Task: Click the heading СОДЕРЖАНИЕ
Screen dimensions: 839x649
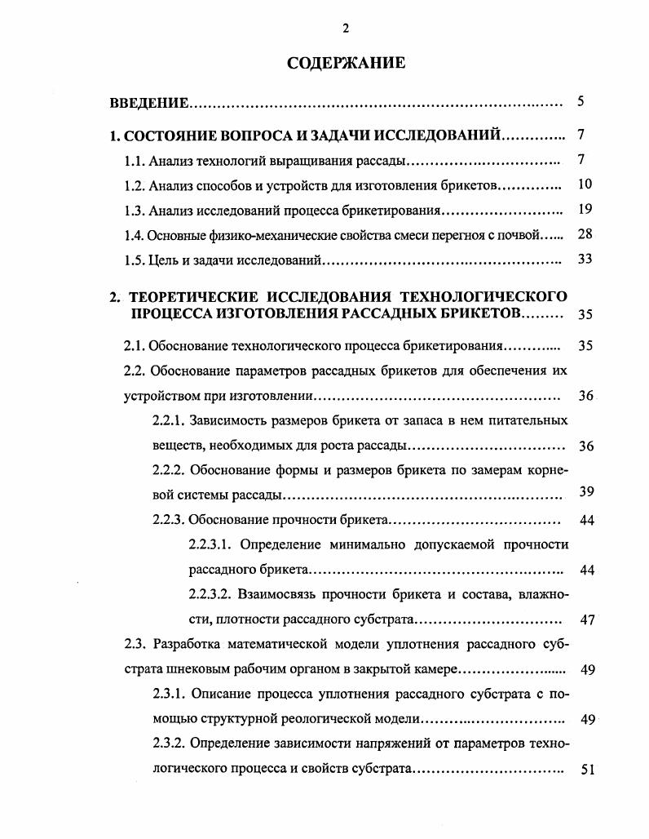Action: (x=346, y=63)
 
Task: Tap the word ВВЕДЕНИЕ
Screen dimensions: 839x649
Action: (x=149, y=104)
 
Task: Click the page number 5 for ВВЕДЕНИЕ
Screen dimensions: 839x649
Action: (x=581, y=102)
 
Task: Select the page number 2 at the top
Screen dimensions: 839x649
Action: (x=346, y=29)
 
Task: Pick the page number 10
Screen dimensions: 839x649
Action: (x=584, y=184)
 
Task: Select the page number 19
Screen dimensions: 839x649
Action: (x=584, y=209)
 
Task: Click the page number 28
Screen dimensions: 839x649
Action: (x=584, y=234)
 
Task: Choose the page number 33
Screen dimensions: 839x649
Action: (x=584, y=260)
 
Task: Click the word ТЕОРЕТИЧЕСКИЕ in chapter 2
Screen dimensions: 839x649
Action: (x=193, y=295)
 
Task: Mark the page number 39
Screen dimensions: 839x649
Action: (x=585, y=491)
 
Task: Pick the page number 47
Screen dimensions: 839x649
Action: (x=587, y=619)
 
